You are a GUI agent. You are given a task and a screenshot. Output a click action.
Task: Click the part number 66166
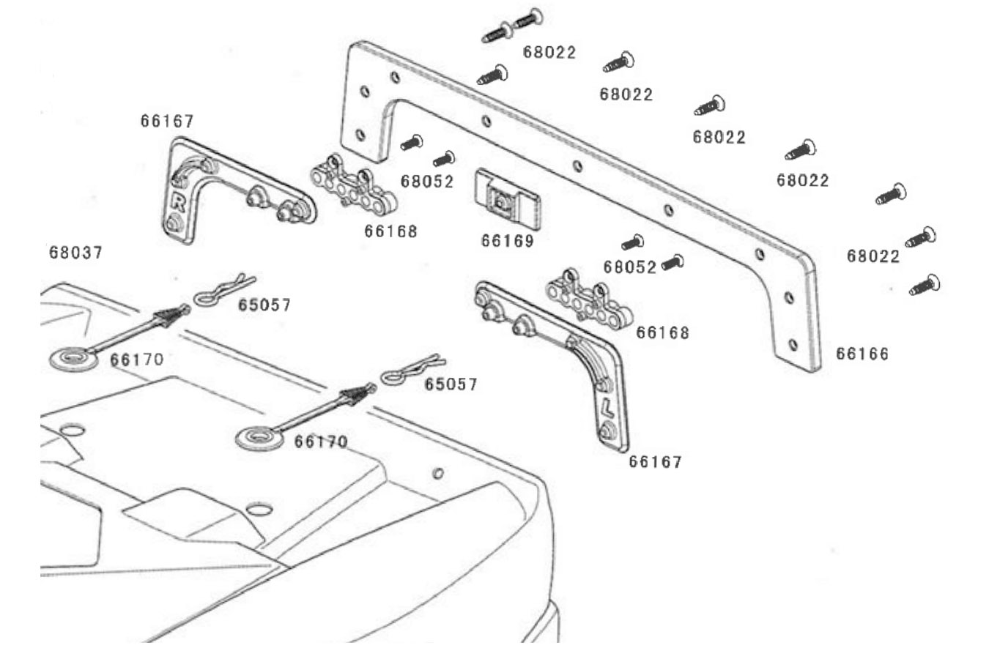coord(862,354)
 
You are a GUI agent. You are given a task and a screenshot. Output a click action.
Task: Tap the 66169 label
coord(508,241)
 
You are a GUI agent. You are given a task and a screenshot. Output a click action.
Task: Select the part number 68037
coord(76,253)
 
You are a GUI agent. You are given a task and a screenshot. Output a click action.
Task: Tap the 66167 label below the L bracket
coord(655,462)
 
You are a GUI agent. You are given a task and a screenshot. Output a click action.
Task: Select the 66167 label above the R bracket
coord(167,121)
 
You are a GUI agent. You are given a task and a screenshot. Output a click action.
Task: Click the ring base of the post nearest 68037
coord(73,358)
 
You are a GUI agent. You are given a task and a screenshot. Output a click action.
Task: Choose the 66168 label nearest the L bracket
coord(662,332)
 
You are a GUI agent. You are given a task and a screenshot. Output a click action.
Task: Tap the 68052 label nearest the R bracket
coord(427,182)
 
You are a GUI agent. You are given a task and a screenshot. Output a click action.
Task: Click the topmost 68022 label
coord(549,53)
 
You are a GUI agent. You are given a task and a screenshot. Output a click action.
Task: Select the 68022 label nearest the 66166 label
coord(873,256)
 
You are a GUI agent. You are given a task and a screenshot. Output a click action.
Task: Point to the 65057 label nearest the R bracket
coord(264,305)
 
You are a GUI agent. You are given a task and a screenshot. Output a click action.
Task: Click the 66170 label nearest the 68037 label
coord(137,360)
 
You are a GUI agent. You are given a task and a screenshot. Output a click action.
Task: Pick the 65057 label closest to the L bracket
coord(451,384)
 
